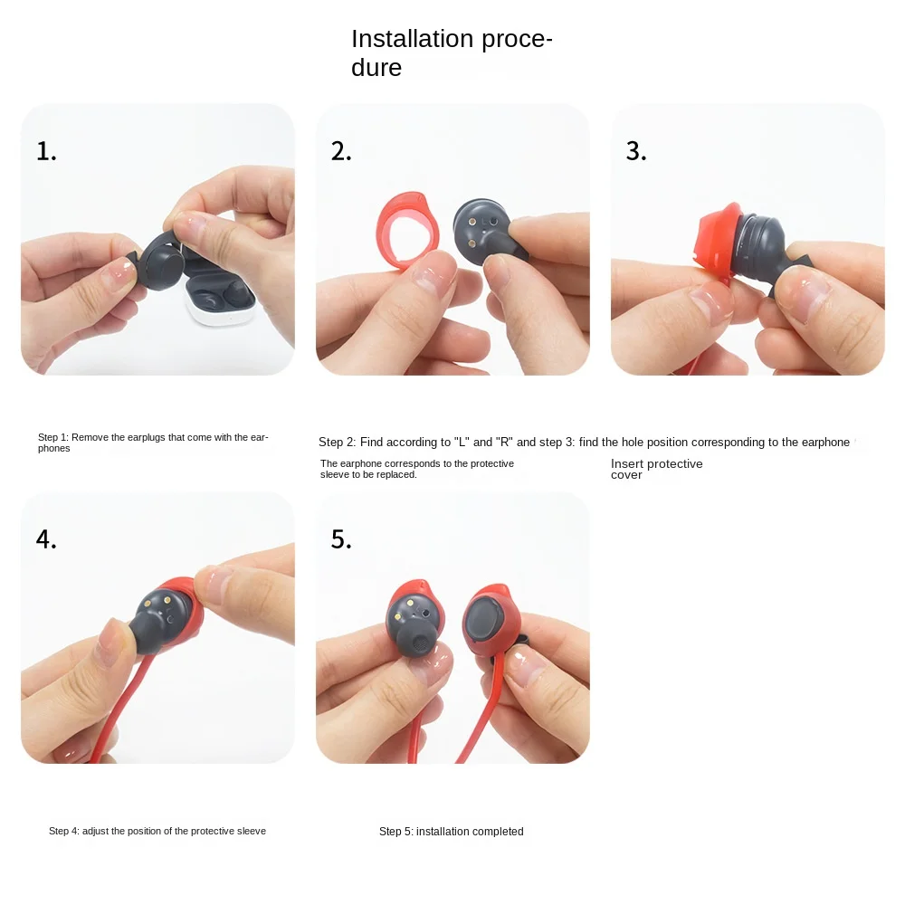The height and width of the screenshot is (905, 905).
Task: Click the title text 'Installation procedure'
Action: pyautogui.click(x=451, y=52)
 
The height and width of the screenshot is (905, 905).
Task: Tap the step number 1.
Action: pyautogui.click(x=46, y=151)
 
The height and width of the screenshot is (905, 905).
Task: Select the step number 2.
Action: pyautogui.click(x=341, y=151)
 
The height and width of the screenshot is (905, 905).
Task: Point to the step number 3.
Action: pyautogui.click(x=636, y=151)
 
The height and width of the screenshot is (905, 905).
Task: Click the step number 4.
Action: pyautogui.click(x=46, y=539)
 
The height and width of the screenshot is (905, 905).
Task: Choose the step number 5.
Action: pyautogui.click(x=341, y=539)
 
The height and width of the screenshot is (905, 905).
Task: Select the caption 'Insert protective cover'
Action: pyautogui.click(x=656, y=469)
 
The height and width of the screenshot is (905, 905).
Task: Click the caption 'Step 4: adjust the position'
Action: pyautogui.click(x=157, y=831)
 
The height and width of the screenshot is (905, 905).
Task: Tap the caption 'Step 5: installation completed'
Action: pyautogui.click(x=451, y=831)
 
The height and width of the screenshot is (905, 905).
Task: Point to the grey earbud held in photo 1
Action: pyautogui.click(x=163, y=262)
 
